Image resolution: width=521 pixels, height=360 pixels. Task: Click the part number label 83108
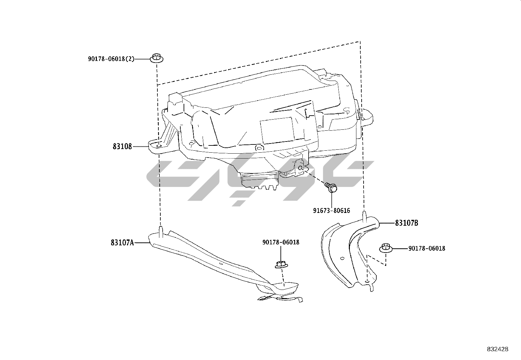(122, 146)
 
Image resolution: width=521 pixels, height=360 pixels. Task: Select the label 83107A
(122, 243)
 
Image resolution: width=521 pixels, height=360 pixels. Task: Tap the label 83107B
(406, 223)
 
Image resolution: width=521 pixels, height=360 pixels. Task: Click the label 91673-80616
(331, 210)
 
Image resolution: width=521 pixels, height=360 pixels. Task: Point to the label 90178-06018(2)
(111, 59)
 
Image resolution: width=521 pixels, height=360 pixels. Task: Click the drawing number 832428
(497, 349)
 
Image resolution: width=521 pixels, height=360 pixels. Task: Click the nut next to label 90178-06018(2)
(157, 58)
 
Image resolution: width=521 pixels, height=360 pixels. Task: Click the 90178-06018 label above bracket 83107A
(280, 242)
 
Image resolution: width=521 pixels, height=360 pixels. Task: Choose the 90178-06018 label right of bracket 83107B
(426, 248)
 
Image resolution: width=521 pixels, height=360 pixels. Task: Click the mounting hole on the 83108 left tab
(159, 146)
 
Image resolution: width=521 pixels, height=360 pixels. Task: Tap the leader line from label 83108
(141, 146)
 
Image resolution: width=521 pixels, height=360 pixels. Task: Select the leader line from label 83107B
(386, 223)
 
